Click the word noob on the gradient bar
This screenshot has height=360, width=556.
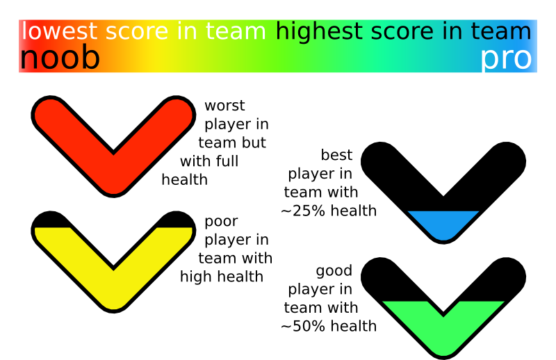pyautogui.click(x=60, y=58)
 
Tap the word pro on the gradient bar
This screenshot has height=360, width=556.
pyautogui.click(x=506, y=58)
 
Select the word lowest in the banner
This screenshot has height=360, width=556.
pyautogui.click(x=60, y=31)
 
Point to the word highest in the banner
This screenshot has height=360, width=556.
pyautogui.click(x=319, y=31)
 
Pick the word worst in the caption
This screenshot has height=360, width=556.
pyautogui.click(x=224, y=106)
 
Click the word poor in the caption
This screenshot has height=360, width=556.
pyautogui.click(x=221, y=222)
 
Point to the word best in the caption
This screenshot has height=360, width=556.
pyautogui.click(x=336, y=155)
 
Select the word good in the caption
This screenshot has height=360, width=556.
pyautogui.click(x=334, y=271)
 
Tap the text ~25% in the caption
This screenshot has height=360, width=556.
pyautogui.click(x=303, y=211)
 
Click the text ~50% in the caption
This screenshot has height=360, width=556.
pyautogui.click(x=303, y=326)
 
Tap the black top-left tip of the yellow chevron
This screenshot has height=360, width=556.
pyautogui.click(x=50, y=219)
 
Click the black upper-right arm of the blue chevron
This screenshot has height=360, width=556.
pyautogui.click(x=489, y=167)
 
